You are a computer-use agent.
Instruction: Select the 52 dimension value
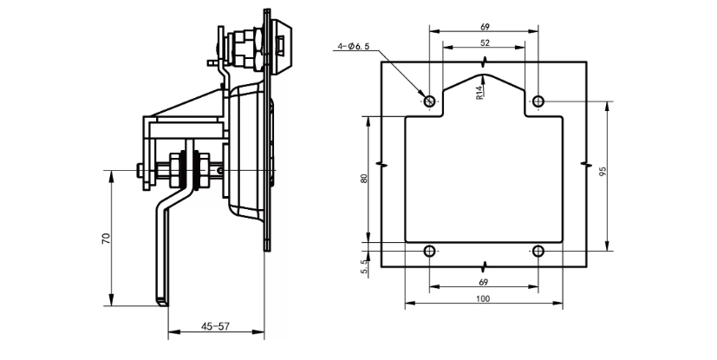tap(484, 43)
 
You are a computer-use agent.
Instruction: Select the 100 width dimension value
tap(483, 298)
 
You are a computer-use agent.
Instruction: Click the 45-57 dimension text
tap(216, 326)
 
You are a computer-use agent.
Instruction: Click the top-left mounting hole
tap(429, 101)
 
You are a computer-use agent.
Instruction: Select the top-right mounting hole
tap(538, 101)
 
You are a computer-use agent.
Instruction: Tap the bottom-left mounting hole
tap(429, 252)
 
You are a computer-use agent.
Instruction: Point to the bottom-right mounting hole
tap(538, 252)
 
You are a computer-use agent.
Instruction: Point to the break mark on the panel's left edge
tap(381, 164)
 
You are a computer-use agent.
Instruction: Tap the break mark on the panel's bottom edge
tap(484, 265)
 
